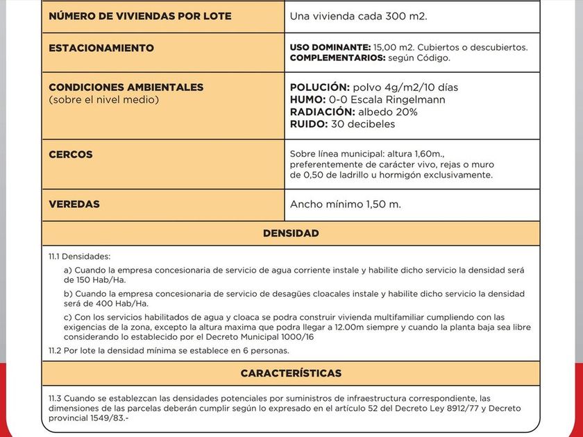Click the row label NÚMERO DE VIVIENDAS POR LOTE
(x=140, y=16)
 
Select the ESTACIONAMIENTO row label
(x=101, y=49)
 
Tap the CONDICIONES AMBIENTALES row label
(x=126, y=87)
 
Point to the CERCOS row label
(x=71, y=154)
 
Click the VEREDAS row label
(x=74, y=205)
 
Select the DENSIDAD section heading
(x=291, y=234)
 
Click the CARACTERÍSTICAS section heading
(x=291, y=374)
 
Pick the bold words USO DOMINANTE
(x=330, y=47)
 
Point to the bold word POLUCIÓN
(x=319, y=87)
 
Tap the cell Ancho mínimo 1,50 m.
(x=345, y=205)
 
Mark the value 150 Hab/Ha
(x=87, y=280)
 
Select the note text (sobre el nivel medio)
(x=103, y=100)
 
